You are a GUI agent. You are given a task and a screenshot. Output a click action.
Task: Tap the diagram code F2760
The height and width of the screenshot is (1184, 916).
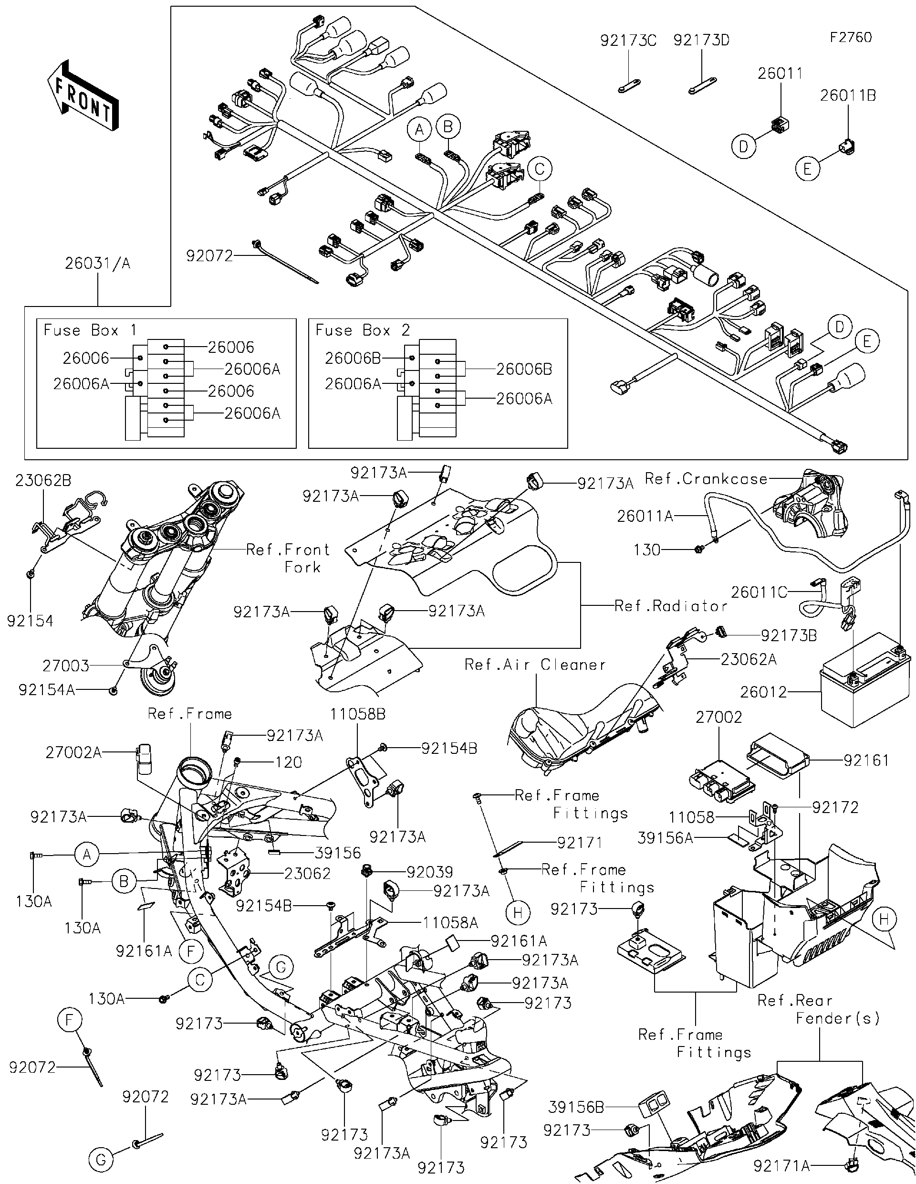click(851, 37)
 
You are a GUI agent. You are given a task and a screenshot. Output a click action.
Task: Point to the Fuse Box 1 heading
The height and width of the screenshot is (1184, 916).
click(90, 330)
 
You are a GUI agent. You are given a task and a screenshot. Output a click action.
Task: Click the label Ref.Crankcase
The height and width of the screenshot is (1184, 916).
click(705, 479)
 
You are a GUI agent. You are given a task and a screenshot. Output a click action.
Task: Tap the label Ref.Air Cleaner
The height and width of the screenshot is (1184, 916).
click(535, 665)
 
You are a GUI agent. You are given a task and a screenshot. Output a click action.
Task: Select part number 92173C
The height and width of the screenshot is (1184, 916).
click(628, 41)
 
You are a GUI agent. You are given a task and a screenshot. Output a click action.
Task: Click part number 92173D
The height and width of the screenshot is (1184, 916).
click(701, 41)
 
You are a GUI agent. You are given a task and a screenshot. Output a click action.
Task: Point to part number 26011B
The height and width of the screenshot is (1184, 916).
click(848, 95)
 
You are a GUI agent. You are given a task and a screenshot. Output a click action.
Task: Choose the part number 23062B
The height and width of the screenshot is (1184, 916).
click(43, 480)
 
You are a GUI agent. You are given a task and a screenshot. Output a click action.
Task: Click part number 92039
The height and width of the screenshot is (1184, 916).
click(429, 872)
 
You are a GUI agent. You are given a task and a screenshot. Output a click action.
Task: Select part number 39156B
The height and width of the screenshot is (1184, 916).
click(575, 1107)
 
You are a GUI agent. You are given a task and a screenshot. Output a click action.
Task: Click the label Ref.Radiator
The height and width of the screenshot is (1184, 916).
click(670, 606)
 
